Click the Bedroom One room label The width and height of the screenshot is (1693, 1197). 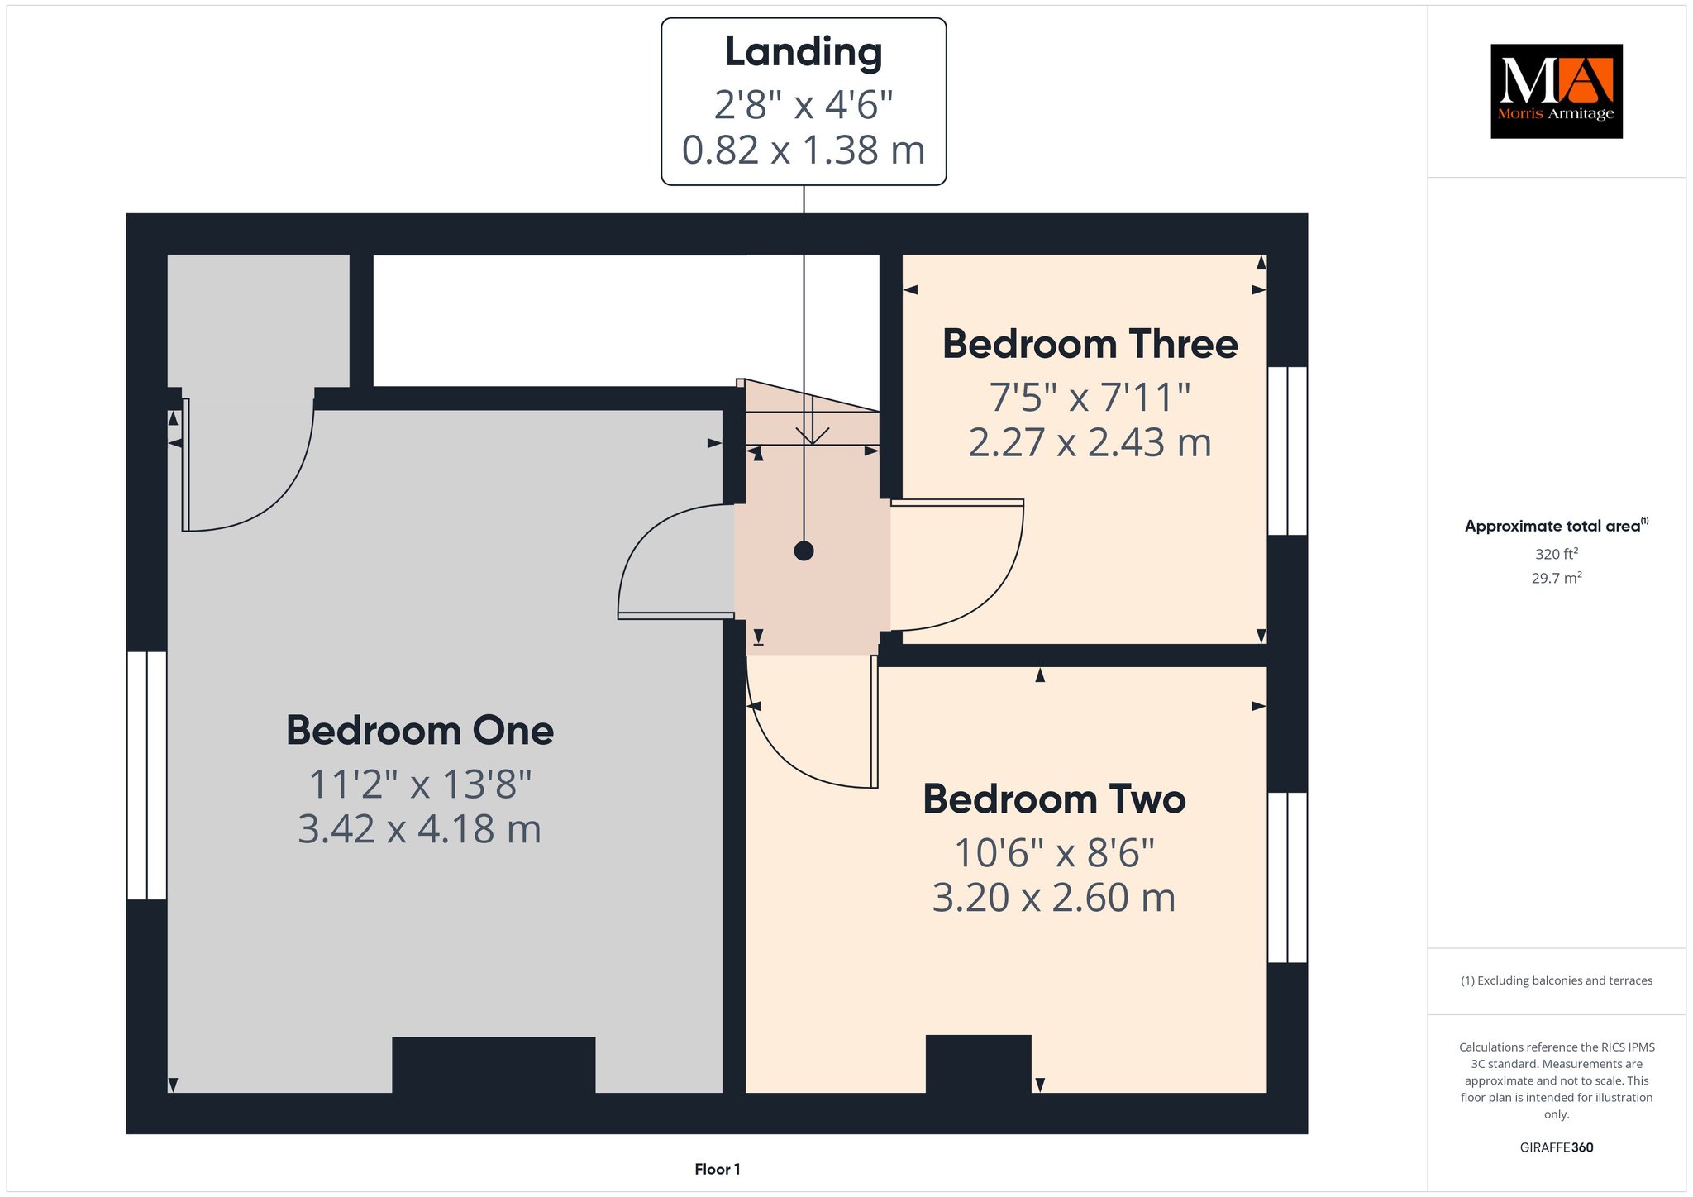420,731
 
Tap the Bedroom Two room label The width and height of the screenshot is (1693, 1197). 1054,799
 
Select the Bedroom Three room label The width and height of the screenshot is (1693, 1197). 1090,344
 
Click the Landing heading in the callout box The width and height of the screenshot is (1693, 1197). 804,53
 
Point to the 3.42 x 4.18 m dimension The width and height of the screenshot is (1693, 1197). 420,829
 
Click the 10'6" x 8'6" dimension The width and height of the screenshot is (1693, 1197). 1054,852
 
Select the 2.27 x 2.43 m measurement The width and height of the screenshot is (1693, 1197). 1090,443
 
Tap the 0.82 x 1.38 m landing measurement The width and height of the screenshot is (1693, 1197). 804,150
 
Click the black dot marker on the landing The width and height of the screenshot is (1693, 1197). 804,551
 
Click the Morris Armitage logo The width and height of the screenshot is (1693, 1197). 1557,91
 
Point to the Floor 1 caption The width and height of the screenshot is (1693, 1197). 718,1169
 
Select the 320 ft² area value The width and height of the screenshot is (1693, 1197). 1557,554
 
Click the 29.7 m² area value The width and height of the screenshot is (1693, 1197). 1557,578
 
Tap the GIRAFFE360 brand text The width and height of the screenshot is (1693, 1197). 1557,1147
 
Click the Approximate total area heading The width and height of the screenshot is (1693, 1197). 1557,526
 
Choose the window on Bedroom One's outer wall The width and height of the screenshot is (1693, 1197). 147,775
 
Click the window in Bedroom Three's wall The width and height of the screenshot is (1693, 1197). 1287,451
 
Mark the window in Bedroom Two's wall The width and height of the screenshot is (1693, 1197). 1287,878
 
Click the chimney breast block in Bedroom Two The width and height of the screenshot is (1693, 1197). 978,1064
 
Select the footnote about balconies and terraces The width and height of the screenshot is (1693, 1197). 1557,980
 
